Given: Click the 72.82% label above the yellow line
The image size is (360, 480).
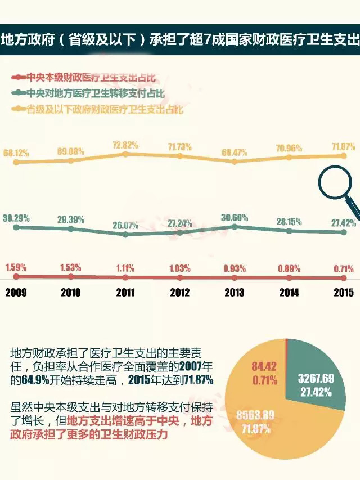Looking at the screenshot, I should click(x=125, y=145).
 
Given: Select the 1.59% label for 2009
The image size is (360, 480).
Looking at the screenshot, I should click(x=16, y=267).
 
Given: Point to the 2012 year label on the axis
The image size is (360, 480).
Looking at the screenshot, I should click(x=179, y=292).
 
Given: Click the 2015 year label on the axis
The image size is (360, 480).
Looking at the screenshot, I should click(x=343, y=292).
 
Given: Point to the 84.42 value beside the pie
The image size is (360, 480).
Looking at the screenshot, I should click(x=264, y=369).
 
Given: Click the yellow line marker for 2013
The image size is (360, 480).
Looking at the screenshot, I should click(x=235, y=161).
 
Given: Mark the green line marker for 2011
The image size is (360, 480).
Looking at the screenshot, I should click(x=125, y=234).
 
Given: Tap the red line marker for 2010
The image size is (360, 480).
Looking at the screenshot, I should click(x=71, y=277).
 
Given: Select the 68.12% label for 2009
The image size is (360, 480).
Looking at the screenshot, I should click(x=16, y=152).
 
